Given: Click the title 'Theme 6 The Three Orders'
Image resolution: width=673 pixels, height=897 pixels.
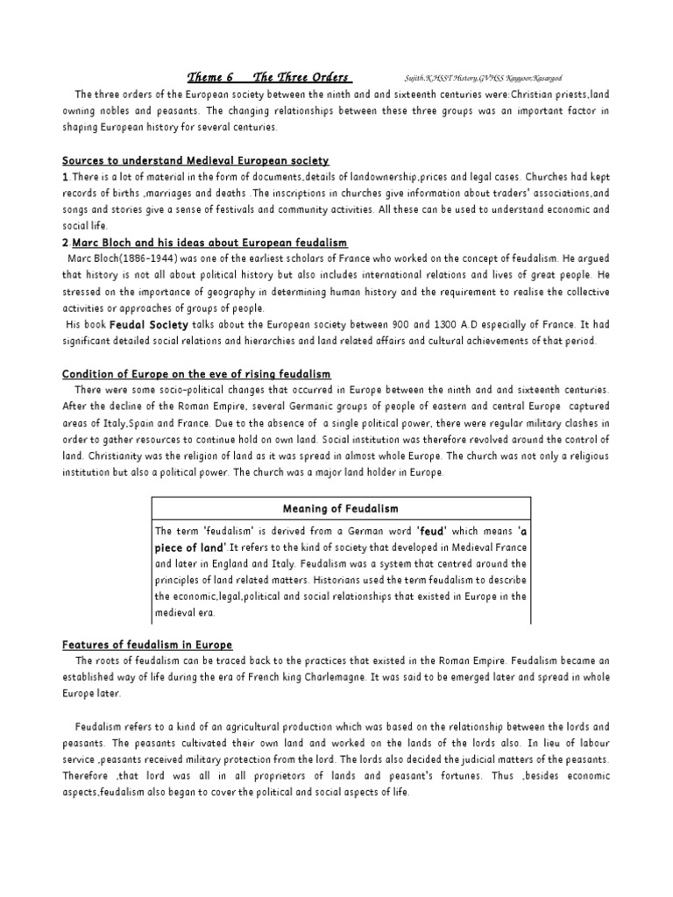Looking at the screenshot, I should [x=271, y=76].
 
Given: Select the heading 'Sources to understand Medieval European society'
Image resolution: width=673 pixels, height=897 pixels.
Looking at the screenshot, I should [x=195, y=160].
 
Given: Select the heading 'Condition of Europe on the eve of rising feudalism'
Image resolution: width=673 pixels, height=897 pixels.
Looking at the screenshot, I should [x=196, y=374].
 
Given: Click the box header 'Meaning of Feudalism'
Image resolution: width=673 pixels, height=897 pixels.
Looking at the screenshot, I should [x=341, y=509].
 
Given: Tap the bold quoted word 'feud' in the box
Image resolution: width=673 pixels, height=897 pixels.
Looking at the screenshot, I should [x=432, y=531].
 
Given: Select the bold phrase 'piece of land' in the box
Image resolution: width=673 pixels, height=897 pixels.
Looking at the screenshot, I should [x=190, y=547].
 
